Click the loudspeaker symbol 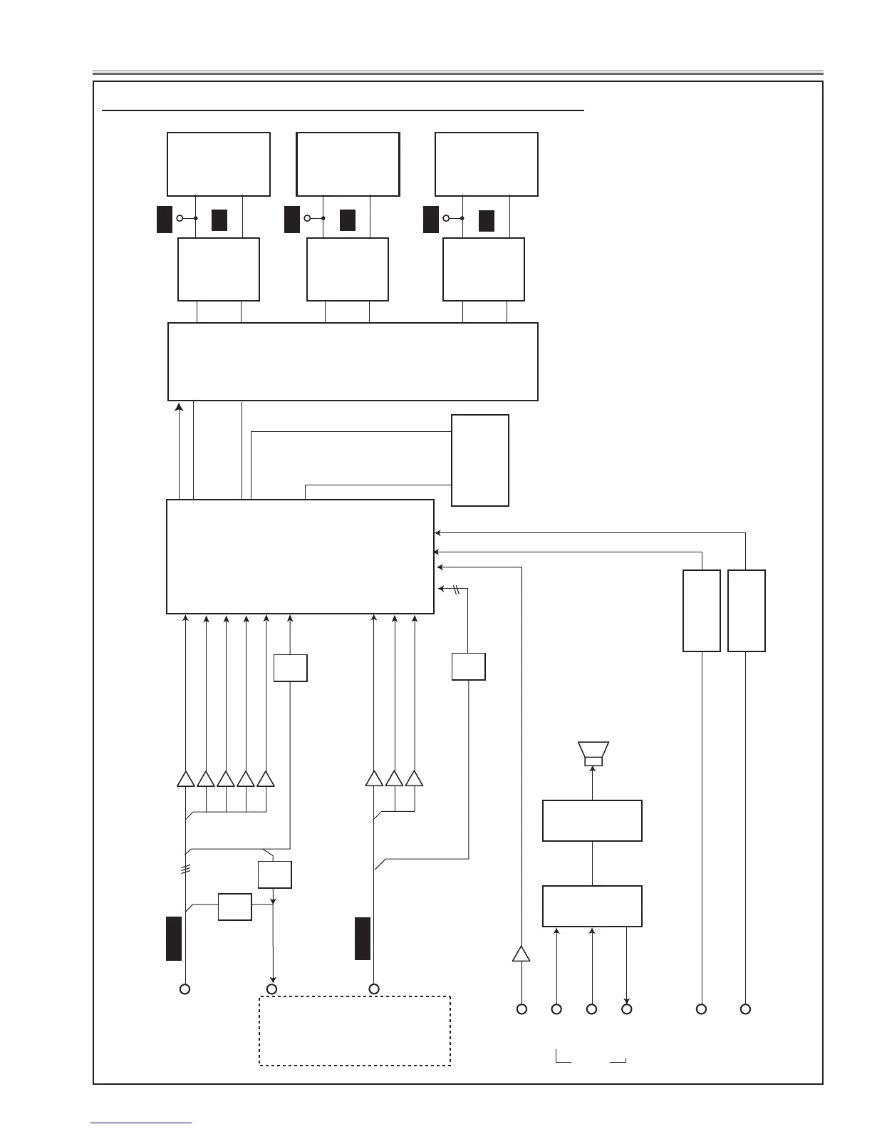pyautogui.click(x=593, y=753)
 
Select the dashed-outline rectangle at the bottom pyautogui.click(x=354, y=1031)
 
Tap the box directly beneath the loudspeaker pyautogui.click(x=592, y=820)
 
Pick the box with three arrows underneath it pyautogui.click(x=592, y=906)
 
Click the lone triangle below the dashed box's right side pyautogui.click(x=521, y=954)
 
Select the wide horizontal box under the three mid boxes pyautogui.click(x=353, y=361)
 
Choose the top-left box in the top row pyautogui.click(x=219, y=164)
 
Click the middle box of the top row pyautogui.click(x=348, y=164)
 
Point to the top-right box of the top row pyautogui.click(x=487, y=164)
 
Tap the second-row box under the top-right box pyautogui.click(x=484, y=269)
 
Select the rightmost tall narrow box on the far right pyautogui.click(x=746, y=611)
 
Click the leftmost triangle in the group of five pyautogui.click(x=185, y=779)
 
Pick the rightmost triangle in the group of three pyautogui.click(x=415, y=779)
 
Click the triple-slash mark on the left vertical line pyautogui.click(x=185, y=870)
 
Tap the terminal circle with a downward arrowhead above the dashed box pyautogui.click(x=271, y=989)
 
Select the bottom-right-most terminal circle pyautogui.click(x=745, y=1009)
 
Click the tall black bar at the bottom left pyautogui.click(x=174, y=939)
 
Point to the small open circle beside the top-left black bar pyautogui.click(x=180, y=218)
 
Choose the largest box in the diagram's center pyautogui.click(x=300, y=557)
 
